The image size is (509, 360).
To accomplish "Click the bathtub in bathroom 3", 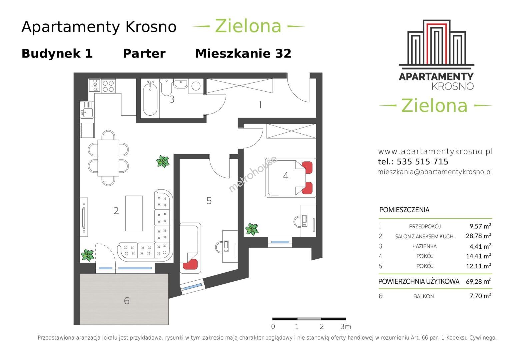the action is pyautogui.click(x=150, y=98).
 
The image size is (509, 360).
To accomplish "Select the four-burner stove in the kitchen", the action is pyautogui.click(x=108, y=86).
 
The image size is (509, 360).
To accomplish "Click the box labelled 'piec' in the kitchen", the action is pyautogui.click(x=95, y=85).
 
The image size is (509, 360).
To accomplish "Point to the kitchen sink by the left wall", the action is pyautogui.click(x=87, y=110).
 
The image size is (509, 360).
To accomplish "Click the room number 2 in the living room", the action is pyautogui.click(x=116, y=211).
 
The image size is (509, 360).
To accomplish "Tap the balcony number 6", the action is pyautogui.click(x=127, y=301).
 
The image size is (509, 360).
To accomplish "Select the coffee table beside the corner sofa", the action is pyautogui.click(x=134, y=213).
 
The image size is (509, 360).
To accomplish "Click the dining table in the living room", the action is pyautogui.click(x=108, y=158).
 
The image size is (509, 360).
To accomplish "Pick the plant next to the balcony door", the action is pyautogui.click(x=87, y=255).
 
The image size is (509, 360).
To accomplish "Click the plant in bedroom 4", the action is pyautogui.click(x=252, y=229).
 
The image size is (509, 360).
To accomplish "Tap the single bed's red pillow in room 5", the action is pyautogui.click(x=190, y=264).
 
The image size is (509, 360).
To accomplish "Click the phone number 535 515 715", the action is pyautogui.click(x=422, y=162).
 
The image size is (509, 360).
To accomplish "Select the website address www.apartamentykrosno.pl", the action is pyautogui.click(x=435, y=151).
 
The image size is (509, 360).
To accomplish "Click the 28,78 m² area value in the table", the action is pyautogui.click(x=478, y=236).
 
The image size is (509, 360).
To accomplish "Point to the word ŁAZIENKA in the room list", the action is pyautogui.click(x=425, y=246).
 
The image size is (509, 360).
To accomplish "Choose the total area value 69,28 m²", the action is pyautogui.click(x=478, y=281).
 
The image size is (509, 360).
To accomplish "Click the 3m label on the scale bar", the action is pyautogui.click(x=346, y=327).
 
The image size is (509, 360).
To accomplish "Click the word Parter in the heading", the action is pyautogui.click(x=144, y=54).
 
